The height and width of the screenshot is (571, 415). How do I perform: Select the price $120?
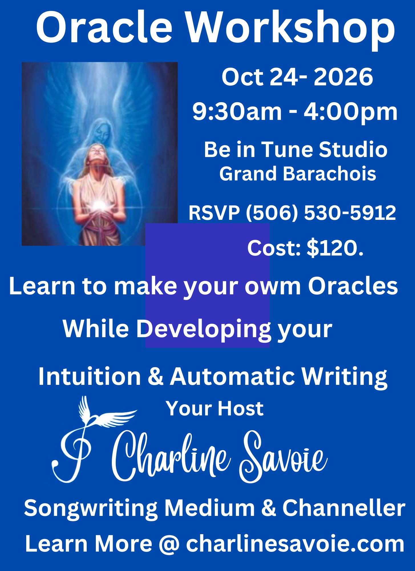tap(335, 248)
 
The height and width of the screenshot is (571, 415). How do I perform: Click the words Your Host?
tap(215, 409)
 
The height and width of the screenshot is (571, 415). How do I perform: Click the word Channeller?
tap(344, 508)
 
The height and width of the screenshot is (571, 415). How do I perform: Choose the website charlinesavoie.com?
tap(295, 544)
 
